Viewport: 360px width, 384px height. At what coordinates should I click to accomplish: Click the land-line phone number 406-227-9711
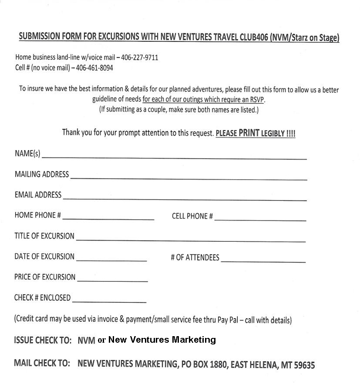pyautogui.click(x=140, y=57)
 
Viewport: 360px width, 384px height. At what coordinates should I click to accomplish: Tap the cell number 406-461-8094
pyautogui.click(x=94, y=68)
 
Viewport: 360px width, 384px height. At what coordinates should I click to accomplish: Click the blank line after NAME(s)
pyautogui.click(x=174, y=156)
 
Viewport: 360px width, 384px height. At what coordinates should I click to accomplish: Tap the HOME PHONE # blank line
pyautogui.click(x=108, y=217)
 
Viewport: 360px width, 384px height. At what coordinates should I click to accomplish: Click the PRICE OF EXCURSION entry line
pyautogui.click(x=112, y=279)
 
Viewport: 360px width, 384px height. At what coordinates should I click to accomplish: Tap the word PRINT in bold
pyautogui.click(x=249, y=133)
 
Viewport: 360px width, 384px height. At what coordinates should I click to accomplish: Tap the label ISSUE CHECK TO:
pyautogui.click(x=43, y=341)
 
